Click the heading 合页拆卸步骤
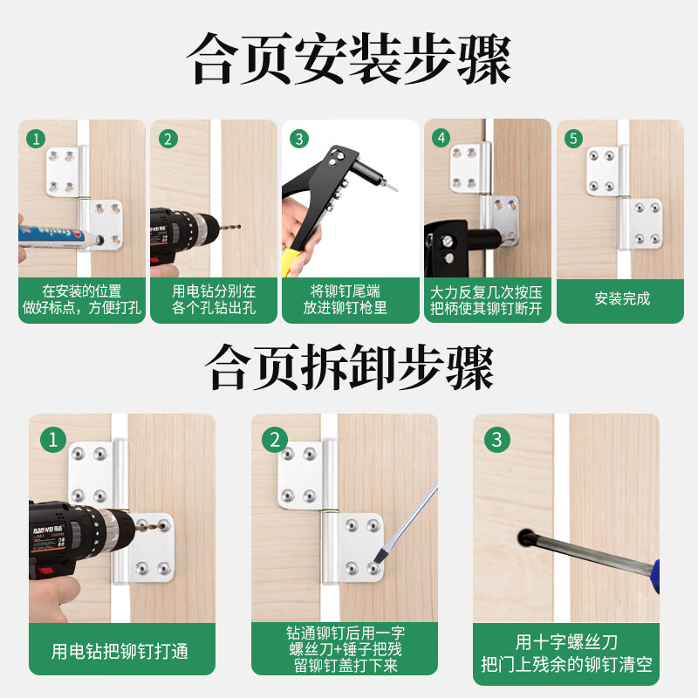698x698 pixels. tap(349, 366)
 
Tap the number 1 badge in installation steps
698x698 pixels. tap(36, 139)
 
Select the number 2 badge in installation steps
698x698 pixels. tap(168, 139)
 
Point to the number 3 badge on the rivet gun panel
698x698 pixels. tap(299, 139)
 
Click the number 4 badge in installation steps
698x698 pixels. tap(442, 139)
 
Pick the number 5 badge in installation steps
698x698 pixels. tap(573, 139)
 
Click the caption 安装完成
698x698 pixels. tap(621, 298)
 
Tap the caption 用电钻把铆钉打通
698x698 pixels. tap(120, 651)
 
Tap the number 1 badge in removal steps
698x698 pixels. tap(54, 440)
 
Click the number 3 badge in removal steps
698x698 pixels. tap(497, 440)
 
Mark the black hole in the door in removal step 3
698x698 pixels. tap(526, 535)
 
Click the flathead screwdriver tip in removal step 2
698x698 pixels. tap(381, 554)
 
